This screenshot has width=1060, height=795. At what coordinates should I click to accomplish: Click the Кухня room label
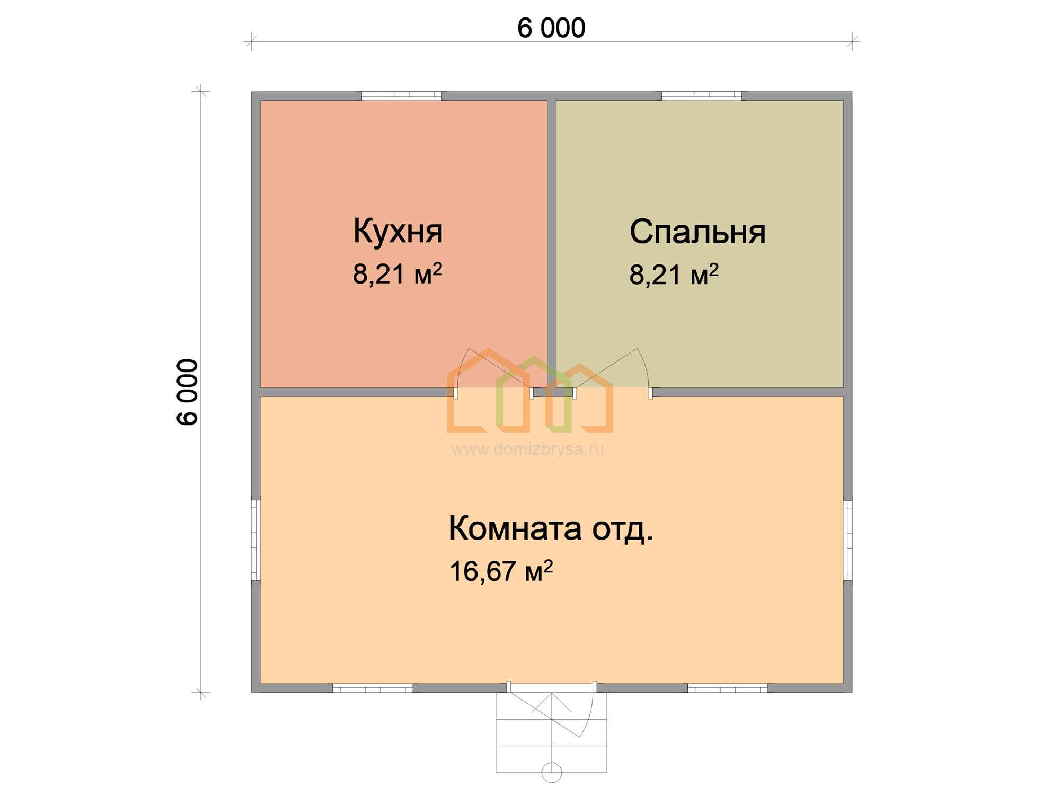[x=398, y=232]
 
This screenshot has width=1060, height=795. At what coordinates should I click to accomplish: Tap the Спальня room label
[x=697, y=232]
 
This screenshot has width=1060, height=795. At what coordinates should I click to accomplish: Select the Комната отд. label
[x=551, y=529]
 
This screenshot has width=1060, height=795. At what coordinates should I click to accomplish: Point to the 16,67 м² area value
[x=501, y=571]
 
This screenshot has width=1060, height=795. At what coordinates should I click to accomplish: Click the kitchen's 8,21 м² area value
[x=397, y=274]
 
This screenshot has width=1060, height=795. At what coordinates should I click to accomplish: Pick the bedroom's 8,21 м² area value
[x=674, y=274]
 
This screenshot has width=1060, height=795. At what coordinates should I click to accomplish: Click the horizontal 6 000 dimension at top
[x=551, y=28]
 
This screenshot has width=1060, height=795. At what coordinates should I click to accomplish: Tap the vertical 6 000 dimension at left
[x=188, y=392]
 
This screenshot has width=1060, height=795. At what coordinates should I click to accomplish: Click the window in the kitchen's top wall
[x=402, y=96]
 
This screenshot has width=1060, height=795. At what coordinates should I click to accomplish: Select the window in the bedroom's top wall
[x=702, y=96]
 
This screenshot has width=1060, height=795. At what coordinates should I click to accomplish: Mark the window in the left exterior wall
[x=255, y=540]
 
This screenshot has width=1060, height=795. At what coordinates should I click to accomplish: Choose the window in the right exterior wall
[x=847, y=540]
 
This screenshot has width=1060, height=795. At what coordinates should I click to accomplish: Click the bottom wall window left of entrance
[x=373, y=688]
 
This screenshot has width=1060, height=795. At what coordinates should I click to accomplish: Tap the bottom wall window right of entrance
[x=728, y=688]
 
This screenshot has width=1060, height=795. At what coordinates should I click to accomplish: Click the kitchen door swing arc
[x=460, y=366]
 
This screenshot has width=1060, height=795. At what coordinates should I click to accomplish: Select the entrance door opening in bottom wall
[x=552, y=687]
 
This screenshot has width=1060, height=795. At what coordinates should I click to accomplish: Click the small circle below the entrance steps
[x=552, y=772]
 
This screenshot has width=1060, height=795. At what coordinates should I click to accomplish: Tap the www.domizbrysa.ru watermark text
[x=527, y=449]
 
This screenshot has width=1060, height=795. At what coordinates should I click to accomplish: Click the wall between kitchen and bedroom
[x=552, y=244]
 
